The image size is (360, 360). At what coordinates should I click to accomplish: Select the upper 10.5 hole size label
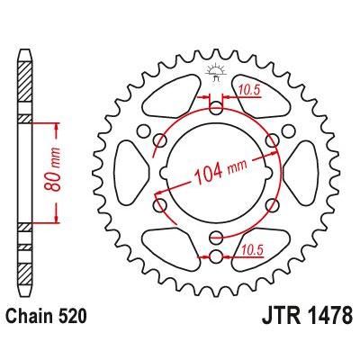coord(250,88)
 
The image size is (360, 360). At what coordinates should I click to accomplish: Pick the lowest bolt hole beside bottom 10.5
coord(215,258)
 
